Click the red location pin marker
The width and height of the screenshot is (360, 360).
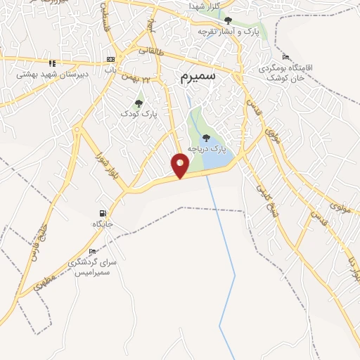pyautogui.click(x=181, y=165)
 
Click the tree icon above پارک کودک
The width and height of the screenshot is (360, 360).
pyautogui.click(x=139, y=103)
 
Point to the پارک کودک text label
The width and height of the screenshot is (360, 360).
pyautogui.click(x=139, y=113)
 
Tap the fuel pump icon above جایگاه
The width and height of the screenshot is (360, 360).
pyautogui.click(x=103, y=214)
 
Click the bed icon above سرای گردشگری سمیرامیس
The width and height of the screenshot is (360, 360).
pyautogui.click(x=92, y=252)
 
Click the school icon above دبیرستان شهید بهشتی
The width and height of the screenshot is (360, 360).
pyautogui.click(x=52, y=63)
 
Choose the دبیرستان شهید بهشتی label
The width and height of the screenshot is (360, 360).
pyautogui.click(x=44, y=72)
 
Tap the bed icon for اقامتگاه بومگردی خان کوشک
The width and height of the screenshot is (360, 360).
pyautogui.click(x=285, y=57)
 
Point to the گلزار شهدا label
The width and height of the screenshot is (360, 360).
pyautogui.click(x=204, y=6)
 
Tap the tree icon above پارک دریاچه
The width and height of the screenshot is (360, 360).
pyautogui.click(x=206, y=138)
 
